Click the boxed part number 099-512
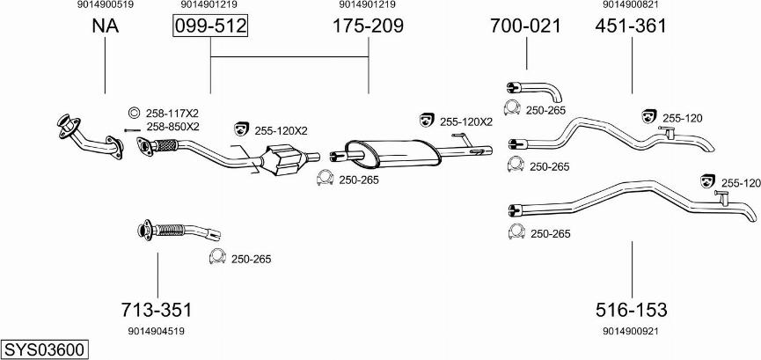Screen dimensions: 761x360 (x=210, y=26)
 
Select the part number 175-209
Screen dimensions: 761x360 (x=368, y=26)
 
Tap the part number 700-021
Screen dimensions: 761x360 (x=525, y=26)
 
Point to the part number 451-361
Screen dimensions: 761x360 (x=631, y=26)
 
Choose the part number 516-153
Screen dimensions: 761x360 (x=632, y=309)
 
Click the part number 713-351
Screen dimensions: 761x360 (x=157, y=309)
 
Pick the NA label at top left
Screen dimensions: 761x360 (x=106, y=26)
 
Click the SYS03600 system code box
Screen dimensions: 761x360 (x=45, y=349)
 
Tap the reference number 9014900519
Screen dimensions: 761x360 (x=106, y=5)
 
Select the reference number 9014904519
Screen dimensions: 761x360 (x=157, y=331)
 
